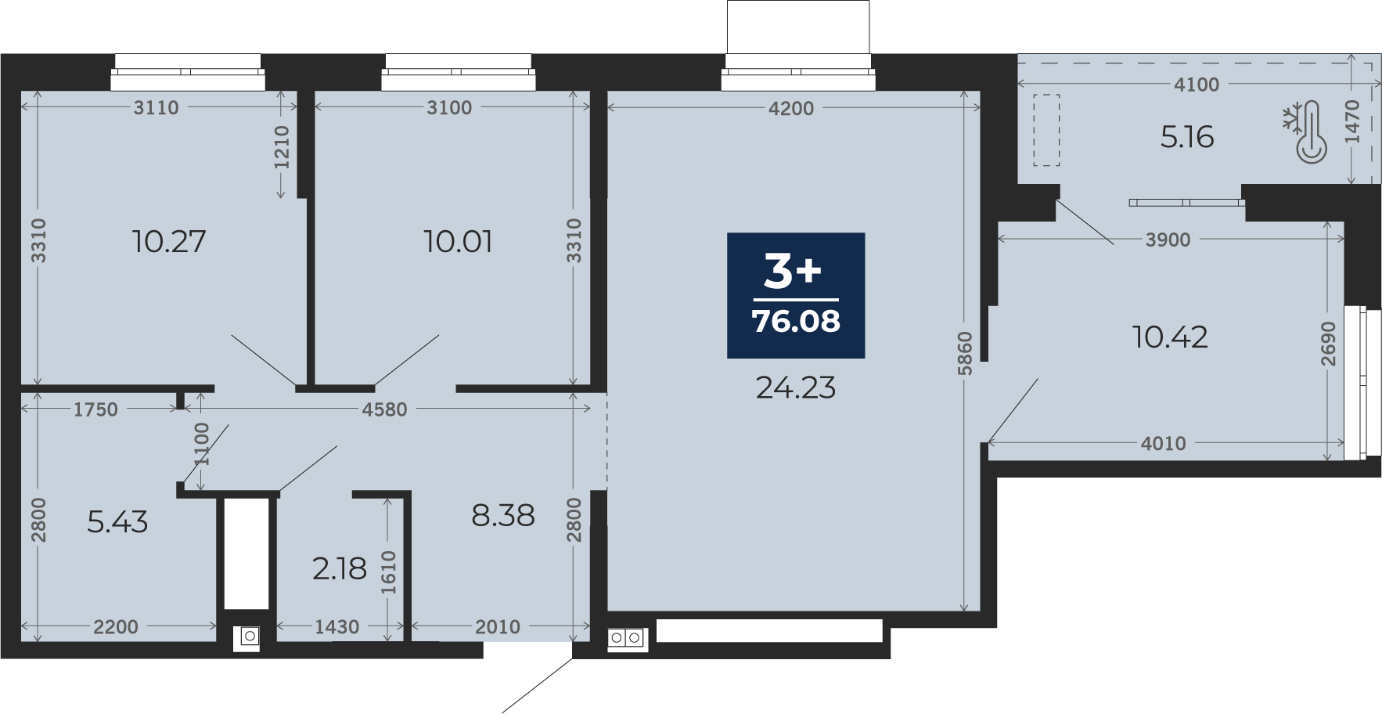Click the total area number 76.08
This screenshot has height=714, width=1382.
click(x=796, y=321)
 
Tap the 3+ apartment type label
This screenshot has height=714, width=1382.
click(x=793, y=271)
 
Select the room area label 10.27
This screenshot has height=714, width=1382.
click(x=169, y=241)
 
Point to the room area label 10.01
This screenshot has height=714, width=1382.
click(x=458, y=241)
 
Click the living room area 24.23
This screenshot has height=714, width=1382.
click(x=796, y=388)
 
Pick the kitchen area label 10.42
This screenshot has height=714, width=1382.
click(x=1170, y=337)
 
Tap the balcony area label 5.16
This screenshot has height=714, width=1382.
click(x=1187, y=137)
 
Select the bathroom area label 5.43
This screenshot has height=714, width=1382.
click(x=117, y=521)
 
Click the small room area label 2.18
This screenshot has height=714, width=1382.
click(x=340, y=568)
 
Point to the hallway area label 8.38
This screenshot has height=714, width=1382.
click(x=503, y=515)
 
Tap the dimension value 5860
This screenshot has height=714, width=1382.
click(x=965, y=354)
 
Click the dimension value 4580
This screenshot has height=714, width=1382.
click(x=384, y=409)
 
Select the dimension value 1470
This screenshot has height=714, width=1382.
click(x=1352, y=121)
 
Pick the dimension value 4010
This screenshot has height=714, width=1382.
click(x=1164, y=444)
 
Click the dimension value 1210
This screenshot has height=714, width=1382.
click(x=282, y=147)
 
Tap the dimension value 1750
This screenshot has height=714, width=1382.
click(x=95, y=409)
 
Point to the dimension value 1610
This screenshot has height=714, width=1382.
click(x=389, y=572)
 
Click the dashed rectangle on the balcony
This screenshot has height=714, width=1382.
click(x=1046, y=130)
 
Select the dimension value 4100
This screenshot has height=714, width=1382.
click(x=1197, y=85)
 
